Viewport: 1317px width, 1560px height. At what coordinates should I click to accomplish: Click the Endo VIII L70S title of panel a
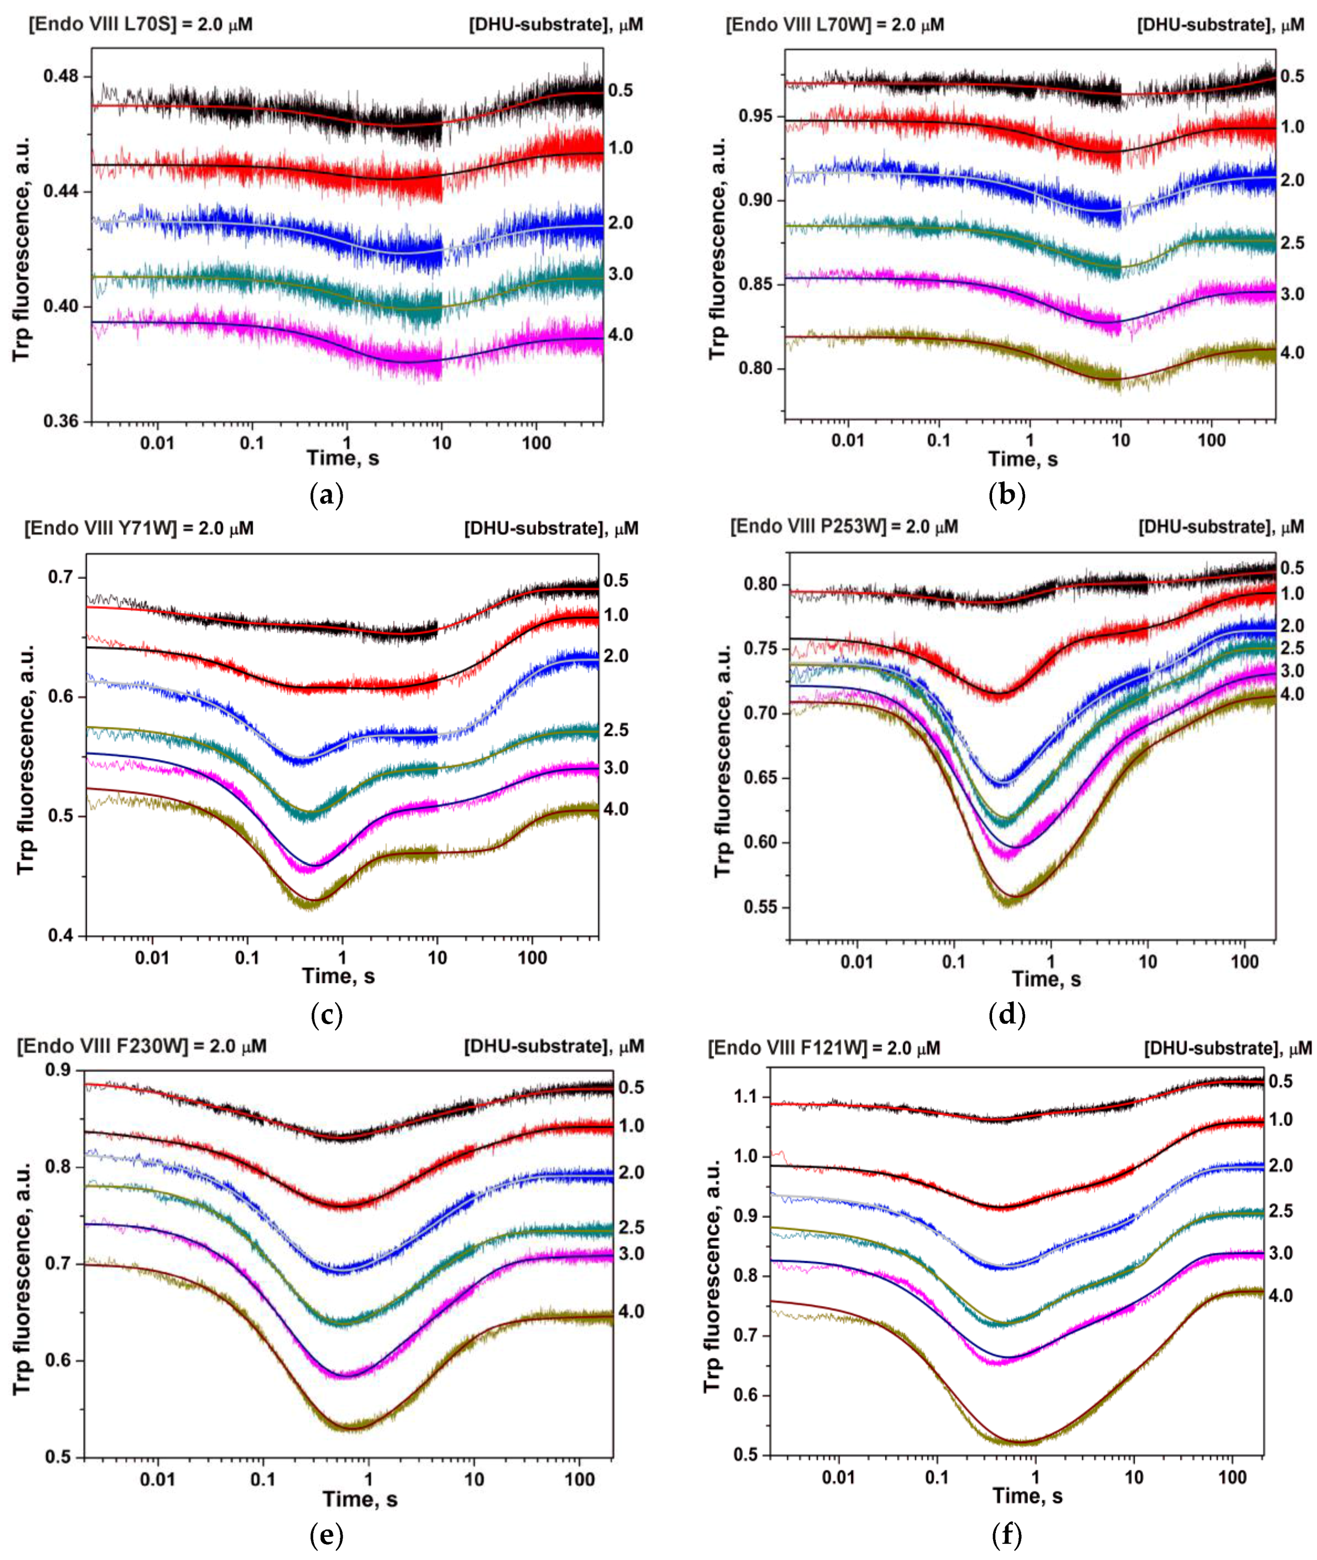point(140,25)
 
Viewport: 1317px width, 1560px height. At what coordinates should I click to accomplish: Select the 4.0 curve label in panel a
point(620,334)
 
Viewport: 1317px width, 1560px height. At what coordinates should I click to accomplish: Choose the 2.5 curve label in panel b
point(1292,243)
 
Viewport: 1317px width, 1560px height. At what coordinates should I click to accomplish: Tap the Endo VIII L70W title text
point(835,25)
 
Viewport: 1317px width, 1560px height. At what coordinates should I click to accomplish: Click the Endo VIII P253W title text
point(844,526)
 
